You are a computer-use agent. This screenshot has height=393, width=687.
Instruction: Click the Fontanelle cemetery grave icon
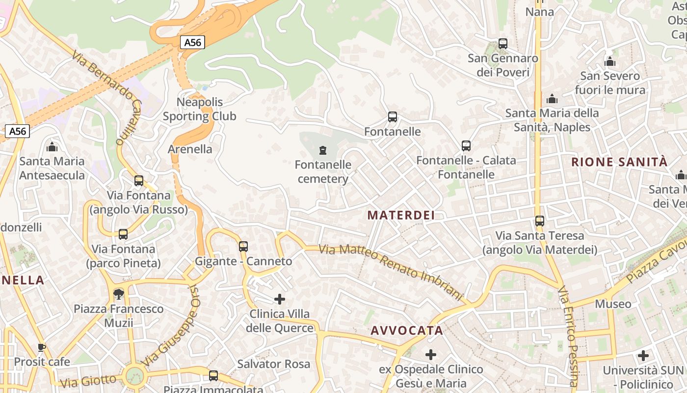(323, 150)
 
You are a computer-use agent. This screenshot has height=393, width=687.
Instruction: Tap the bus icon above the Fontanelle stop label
(392, 117)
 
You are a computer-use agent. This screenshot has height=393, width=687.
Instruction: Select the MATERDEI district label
(401, 215)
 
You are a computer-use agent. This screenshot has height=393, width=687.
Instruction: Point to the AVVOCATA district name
(407, 331)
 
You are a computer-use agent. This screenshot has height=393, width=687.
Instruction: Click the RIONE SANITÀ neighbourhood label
(619, 162)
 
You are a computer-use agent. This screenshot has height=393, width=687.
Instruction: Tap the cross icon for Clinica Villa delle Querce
(280, 299)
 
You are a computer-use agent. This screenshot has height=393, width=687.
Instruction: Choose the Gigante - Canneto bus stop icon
(243, 247)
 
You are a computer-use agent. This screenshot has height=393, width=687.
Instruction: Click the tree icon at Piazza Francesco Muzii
(118, 294)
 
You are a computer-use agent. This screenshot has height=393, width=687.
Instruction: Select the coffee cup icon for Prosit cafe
(42, 348)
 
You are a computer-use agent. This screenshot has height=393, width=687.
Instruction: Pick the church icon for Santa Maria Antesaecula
(52, 147)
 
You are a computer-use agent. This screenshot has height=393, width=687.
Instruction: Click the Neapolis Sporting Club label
(199, 109)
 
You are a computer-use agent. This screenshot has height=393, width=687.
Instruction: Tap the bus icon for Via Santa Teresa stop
(540, 221)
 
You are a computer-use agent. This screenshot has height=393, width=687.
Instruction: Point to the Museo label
(613, 304)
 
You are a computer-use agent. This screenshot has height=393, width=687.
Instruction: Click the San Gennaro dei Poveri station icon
(503, 44)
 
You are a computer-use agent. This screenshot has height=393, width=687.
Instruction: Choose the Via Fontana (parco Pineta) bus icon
(123, 234)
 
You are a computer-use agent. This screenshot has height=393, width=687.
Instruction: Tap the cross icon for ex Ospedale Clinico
(431, 355)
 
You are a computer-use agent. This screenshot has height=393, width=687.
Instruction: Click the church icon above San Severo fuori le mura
(610, 62)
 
